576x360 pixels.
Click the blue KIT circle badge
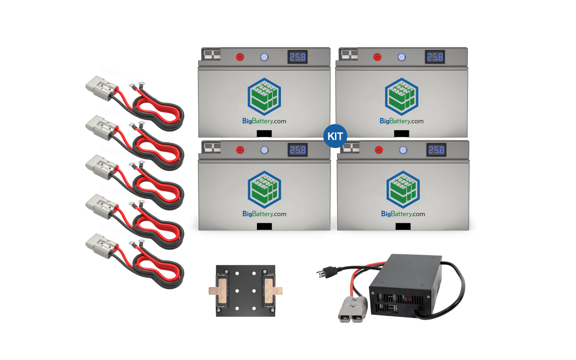pyautogui.click(x=335, y=136)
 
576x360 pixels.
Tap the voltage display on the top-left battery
pyautogui.click(x=297, y=57)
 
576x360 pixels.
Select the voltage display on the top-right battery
pyautogui.click(x=435, y=57)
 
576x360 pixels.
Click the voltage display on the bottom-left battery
pyautogui.click(x=297, y=150)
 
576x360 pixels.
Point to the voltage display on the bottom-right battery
pyautogui.click(x=436, y=150)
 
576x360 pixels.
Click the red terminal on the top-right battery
pyautogui.click(x=378, y=57)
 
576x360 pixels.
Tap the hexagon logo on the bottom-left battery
pyautogui.click(x=264, y=188)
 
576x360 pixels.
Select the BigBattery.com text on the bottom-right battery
pyautogui.click(x=403, y=214)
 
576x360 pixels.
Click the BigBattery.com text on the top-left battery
pyautogui.click(x=264, y=121)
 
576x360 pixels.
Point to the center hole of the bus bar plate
pyautogui.click(x=245, y=291)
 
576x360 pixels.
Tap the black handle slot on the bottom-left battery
pyautogui.click(x=264, y=226)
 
